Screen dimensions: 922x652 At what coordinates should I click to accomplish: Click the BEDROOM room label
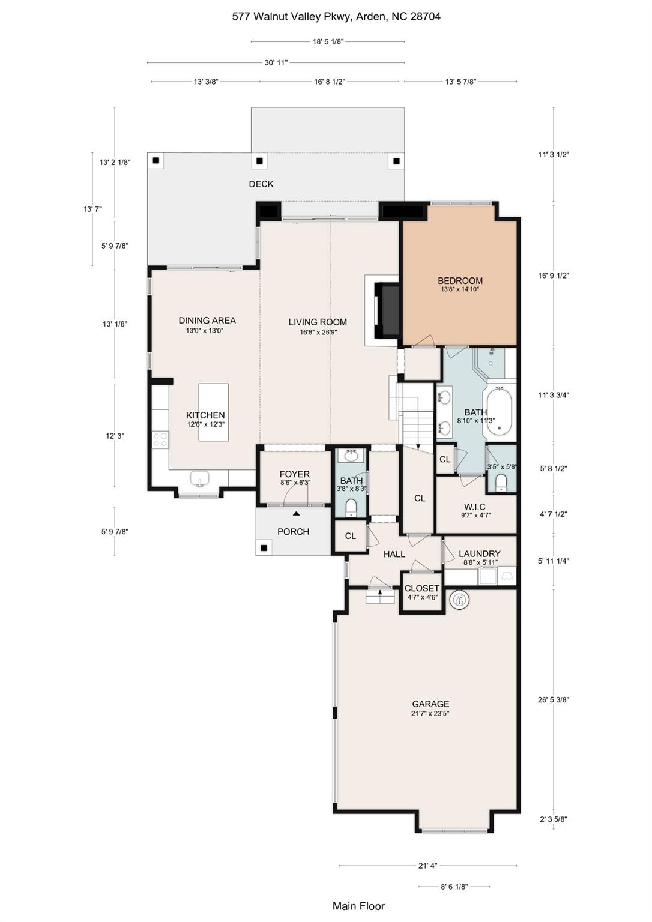[460, 281]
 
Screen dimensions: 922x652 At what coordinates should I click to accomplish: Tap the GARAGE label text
[430, 704]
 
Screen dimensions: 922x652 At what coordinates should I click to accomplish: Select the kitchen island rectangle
[214, 412]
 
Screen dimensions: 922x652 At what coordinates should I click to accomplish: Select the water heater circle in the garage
[460, 600]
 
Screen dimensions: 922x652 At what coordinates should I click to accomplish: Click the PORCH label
[293, 532]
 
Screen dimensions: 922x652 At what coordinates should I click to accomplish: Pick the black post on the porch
[264, 547]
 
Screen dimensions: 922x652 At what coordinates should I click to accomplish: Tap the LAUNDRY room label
[479, 554]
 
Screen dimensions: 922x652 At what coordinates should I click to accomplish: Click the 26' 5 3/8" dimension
[554, 699]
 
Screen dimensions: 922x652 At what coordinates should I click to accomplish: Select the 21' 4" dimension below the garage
[427, 866]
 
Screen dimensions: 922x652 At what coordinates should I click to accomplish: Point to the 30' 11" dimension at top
[276, 62]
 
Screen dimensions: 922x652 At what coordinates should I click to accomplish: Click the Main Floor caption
[358, 906]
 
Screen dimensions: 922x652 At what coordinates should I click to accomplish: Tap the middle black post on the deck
[260, 161]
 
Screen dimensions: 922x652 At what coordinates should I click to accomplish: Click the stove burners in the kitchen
[160, 439]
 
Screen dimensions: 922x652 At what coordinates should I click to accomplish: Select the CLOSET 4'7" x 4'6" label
[422, 589]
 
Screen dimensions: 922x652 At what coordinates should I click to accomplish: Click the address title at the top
[336, 17]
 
